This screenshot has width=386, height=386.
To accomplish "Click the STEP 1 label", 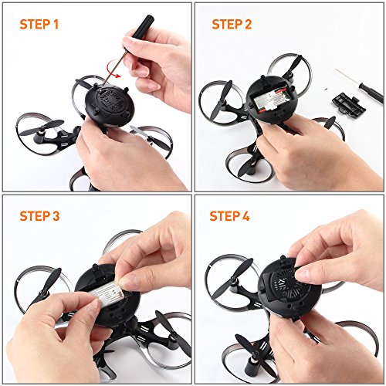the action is point(39,25).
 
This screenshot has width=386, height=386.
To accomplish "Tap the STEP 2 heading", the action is point(232,25).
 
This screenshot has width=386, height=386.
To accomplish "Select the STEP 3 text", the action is point(39,216).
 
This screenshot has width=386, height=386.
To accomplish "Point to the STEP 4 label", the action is point(229,216).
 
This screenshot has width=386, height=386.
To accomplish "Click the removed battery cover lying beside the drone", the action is point(349,104).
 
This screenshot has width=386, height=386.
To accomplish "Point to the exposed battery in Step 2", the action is point(273,102).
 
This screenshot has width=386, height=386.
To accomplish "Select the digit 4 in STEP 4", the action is point(245,216).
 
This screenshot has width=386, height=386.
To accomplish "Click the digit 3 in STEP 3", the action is point(56,216).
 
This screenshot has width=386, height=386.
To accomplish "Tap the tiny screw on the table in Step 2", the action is point(325,89).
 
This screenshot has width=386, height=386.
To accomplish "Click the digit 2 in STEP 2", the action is point(247,25).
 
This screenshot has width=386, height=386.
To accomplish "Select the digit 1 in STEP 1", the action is point(56,25).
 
